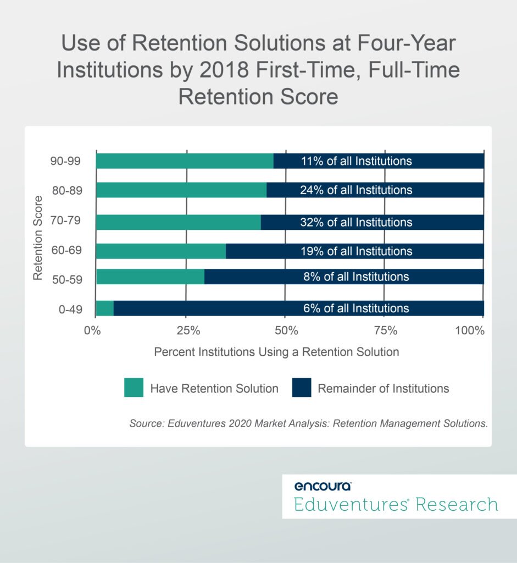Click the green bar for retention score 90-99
184,161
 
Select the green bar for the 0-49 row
104,308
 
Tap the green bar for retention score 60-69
160,251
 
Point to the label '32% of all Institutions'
356,222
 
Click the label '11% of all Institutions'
356,161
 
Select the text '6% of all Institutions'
356,308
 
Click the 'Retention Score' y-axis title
38,238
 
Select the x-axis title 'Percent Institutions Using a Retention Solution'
276,352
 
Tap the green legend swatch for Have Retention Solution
134,388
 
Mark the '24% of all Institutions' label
356,190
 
